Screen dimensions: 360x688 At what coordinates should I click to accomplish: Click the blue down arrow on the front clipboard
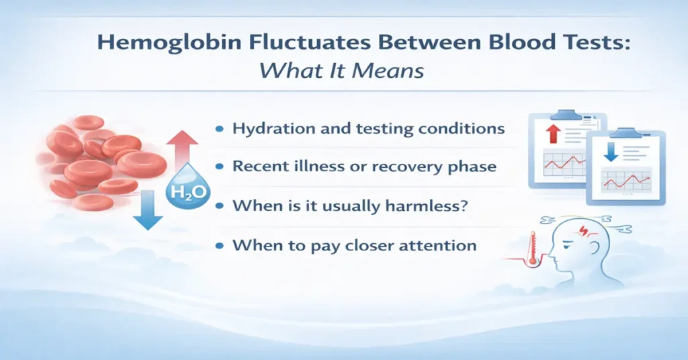point(609,154)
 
